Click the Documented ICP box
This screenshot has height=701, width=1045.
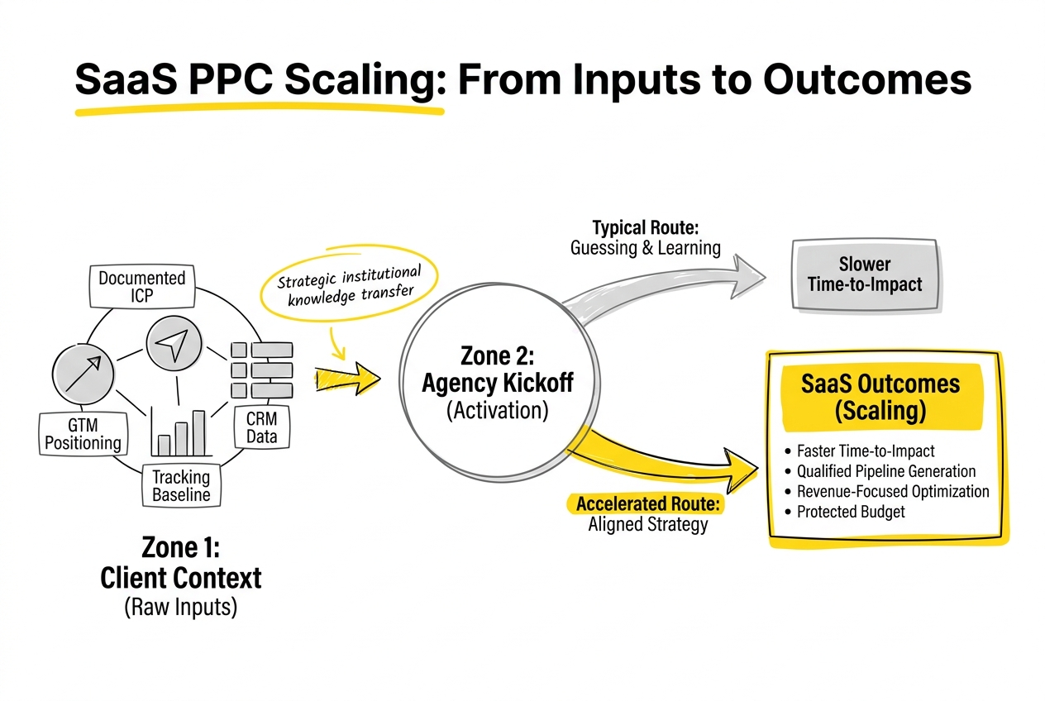pos(141,286)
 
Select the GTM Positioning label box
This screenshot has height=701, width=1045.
pos(83,434)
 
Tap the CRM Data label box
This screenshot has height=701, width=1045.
pos(261,427)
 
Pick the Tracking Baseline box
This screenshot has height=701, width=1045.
pos(181,486)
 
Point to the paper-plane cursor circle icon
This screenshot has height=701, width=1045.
pos(174,345)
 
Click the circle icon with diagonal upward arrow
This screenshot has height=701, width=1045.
pos(82,370)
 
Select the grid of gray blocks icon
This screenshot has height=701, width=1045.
pos(260,370)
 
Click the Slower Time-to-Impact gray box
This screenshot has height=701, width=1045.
pos(864,274)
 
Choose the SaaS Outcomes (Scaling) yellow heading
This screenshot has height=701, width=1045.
pos(880,397)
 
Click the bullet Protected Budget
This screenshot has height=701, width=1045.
pos(850,512)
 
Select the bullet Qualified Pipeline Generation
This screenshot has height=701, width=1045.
pos(885,471)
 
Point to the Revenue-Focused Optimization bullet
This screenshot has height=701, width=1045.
pos(892,492)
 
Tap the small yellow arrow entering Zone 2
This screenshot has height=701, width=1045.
pos(347,379)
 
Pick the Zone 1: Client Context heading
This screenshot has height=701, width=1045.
pos(180,563)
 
